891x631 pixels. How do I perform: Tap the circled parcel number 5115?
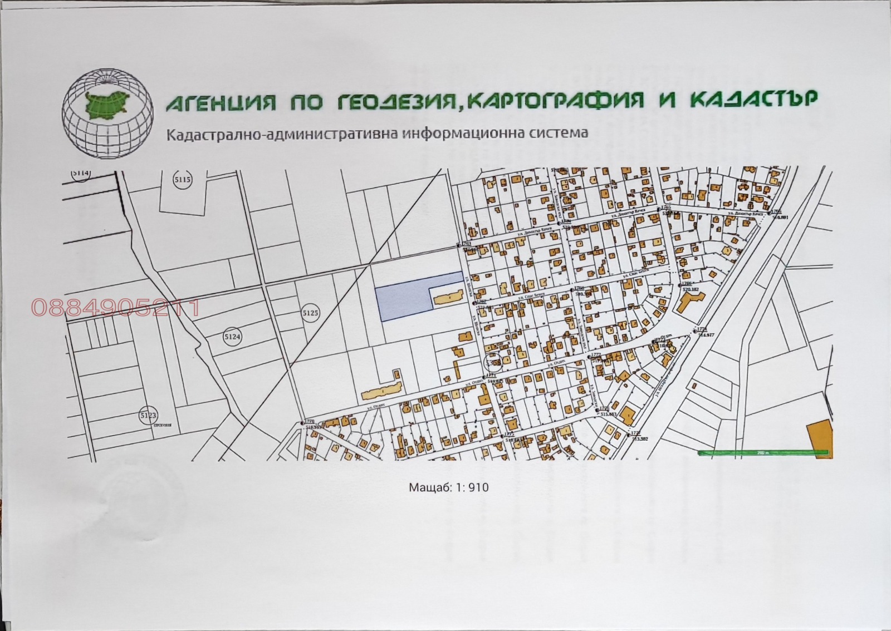[x=182, y=180]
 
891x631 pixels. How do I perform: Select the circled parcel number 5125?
[x=310, y=313]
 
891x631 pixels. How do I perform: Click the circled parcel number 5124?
[x=232, y=337]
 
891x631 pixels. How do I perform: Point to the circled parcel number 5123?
[x=148, y=415]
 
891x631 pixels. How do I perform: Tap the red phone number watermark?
[x=115, y=308]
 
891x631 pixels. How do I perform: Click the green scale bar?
[x=761, y=453]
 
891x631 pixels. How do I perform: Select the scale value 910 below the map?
[x=478, y=487]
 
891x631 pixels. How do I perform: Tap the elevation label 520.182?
[x=691, y=290]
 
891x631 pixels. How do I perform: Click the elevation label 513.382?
[x=640, y=438]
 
